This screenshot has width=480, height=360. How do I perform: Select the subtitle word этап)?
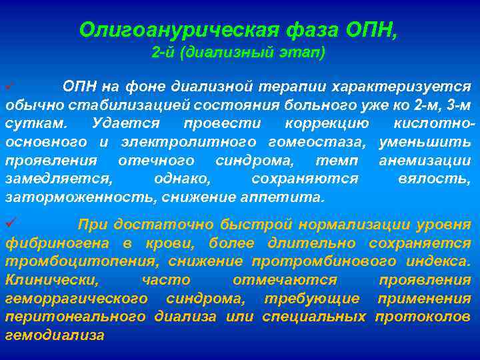tap(304, 53)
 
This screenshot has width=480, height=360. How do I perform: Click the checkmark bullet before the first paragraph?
tap(9, 87)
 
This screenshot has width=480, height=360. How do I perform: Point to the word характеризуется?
tap(405, 87)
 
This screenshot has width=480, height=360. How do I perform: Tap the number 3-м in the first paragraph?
tap(457, 105)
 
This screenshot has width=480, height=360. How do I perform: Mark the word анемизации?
tap(425, 161)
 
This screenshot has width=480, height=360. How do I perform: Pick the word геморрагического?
tap(76, 298)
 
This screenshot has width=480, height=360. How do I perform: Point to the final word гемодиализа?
tap(55, 335)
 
